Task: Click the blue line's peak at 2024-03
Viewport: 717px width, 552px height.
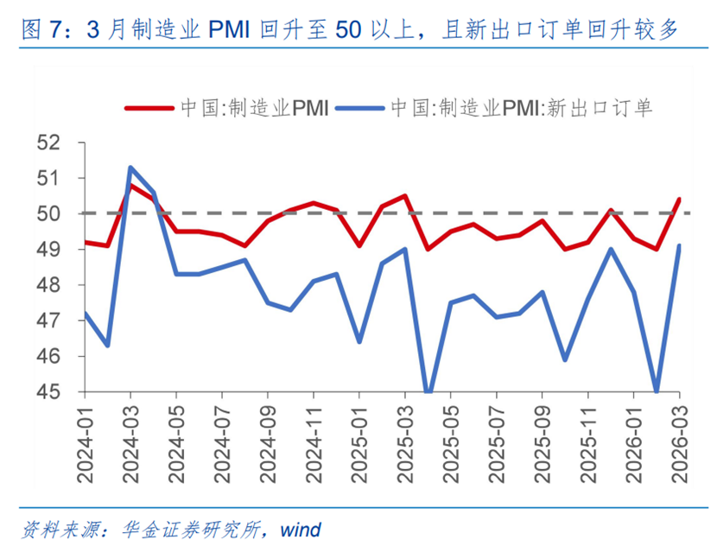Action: [130, 167]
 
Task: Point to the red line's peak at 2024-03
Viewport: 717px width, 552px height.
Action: [130, 185]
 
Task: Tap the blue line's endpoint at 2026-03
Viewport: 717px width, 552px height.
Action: [680, 245]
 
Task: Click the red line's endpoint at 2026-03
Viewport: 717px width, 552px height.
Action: [680, 200]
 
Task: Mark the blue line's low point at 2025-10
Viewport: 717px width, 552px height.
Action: [566, 359]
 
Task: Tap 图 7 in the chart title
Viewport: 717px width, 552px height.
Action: [40, 32]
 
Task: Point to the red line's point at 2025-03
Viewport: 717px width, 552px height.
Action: [405, 196]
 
